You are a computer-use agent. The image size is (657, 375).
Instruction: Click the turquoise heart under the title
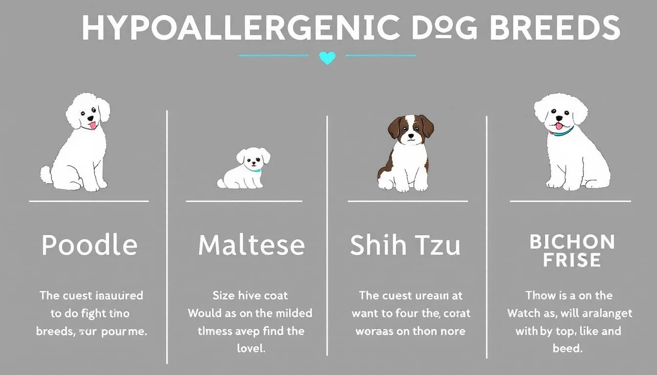[x=327, y=58]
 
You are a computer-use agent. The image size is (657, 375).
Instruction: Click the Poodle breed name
[x=89, y=245]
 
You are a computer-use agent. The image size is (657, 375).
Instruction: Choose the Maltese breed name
[x=251, y=245]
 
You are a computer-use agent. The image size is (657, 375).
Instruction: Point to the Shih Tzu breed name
[x=405, y=245]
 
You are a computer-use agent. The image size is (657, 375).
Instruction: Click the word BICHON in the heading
[x=571, y=242]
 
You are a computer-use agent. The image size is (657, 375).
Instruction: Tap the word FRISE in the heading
[x=571, y=260]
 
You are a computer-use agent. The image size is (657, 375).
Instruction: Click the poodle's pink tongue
[x=91, y=126]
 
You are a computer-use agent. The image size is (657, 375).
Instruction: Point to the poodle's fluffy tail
[x=47, y=175]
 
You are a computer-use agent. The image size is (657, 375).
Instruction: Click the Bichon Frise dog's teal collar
[x=562, y=131]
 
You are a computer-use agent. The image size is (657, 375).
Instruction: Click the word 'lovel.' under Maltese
[x=251, y=349]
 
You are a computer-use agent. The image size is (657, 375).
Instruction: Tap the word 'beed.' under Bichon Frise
[x=569, y=349]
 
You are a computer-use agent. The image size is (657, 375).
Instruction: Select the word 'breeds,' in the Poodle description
[x=55, y=331]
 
